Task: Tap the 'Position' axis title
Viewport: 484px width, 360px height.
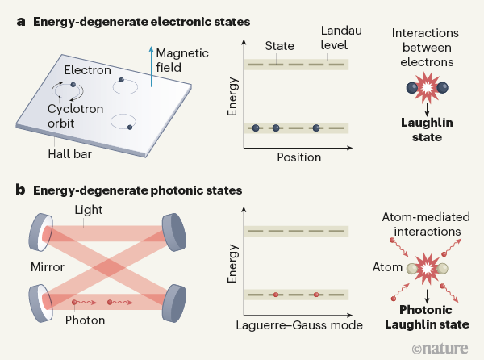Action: [x=299, y=157]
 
